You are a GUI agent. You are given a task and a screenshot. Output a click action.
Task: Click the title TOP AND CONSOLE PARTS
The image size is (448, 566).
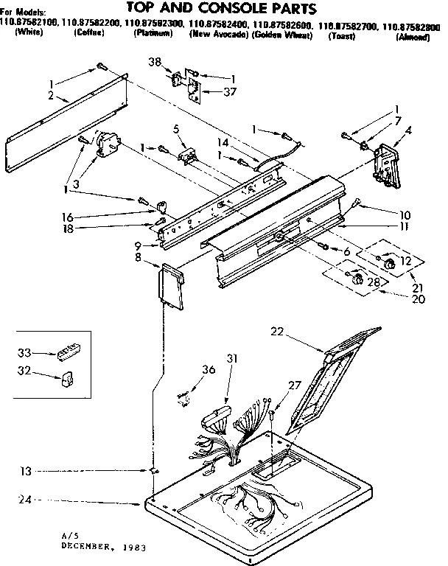click(x=222, y=8)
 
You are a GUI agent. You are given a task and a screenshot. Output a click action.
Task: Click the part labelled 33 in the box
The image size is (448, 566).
click(x=69, y=353)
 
